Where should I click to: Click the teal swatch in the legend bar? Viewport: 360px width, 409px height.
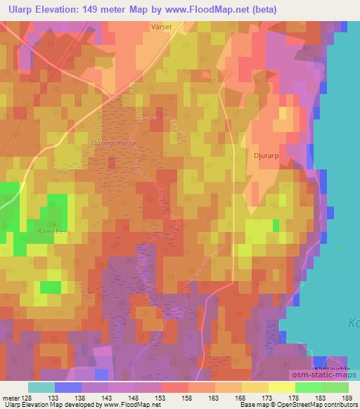41,387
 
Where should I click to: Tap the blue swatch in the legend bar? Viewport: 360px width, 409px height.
67,387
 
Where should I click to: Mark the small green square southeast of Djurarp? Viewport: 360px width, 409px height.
276,225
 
